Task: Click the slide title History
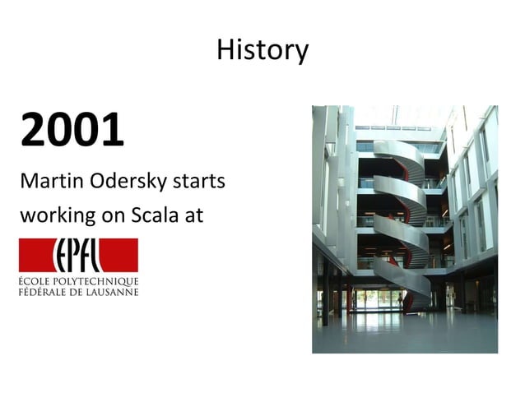pyautogui.click(x=262, y=50)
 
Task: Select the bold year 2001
pyautogui.click(x=72, y=130)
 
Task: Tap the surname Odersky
pyautogui.click(x=118, y=181)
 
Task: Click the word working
pyautogui.click(x=53, y=216)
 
